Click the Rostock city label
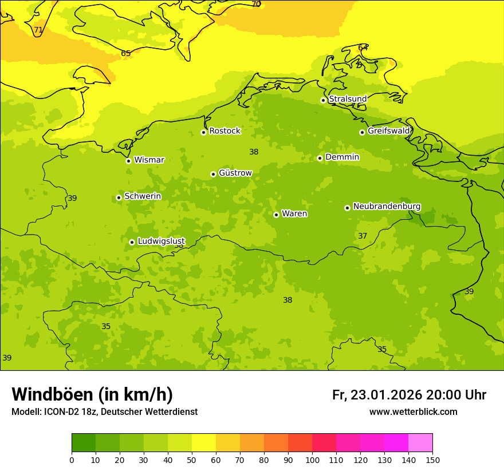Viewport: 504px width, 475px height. (225, 131)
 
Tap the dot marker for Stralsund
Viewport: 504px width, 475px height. (323, 100)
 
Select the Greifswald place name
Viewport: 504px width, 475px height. (389, 131)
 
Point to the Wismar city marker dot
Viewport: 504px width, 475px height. (128, 161)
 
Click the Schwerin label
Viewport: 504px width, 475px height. (143, 196)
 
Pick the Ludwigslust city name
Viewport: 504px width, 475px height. (161, 242)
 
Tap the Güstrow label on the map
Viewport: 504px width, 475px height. (235, 173)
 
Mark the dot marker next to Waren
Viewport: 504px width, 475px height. (276, 215)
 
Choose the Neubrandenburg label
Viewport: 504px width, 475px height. (387, 207)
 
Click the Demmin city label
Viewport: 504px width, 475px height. (342, 157)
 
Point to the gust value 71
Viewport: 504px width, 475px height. (38, 30)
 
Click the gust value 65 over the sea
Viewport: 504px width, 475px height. (126, 53)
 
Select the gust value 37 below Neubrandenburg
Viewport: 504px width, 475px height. (363, 236)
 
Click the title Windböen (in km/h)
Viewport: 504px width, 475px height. (92, 394)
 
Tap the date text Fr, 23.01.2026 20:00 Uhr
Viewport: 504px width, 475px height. (409, 395)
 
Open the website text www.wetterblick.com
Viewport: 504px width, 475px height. (413, 412)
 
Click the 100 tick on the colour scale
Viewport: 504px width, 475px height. (312, 460)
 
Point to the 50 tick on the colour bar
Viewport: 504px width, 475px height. (192, 460)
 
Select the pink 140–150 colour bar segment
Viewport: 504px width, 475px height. (420, 443)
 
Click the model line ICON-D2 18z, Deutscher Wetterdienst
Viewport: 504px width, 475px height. (104, 412)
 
